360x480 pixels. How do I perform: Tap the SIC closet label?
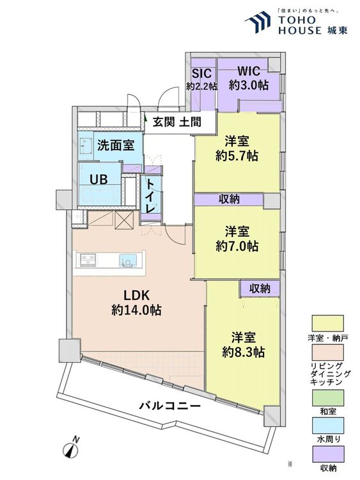201,78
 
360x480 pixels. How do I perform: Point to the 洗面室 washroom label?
115,145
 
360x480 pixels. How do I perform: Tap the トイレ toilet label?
150,195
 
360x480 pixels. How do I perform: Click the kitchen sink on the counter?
127,259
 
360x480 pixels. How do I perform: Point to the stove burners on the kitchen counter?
88,259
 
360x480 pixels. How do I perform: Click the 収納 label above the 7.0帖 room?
229,200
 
